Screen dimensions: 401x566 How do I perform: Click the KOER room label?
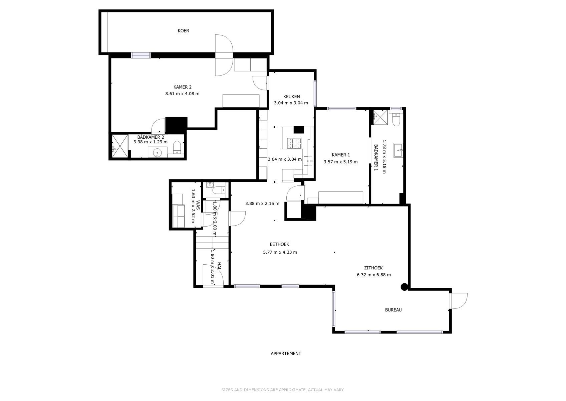point(183,31)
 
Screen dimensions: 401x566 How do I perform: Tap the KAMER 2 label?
point(182,87)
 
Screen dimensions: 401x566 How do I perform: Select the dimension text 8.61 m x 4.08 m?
point(182,94)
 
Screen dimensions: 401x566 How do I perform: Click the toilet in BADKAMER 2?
point(177,147)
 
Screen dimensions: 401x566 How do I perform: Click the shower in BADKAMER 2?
point(119,146)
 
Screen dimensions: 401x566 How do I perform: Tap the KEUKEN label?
point(291,96)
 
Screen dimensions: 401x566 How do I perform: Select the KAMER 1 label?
point(341,155)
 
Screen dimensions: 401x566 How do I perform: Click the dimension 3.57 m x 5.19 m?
point(340,162)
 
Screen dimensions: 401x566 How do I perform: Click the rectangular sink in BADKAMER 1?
point(398,150)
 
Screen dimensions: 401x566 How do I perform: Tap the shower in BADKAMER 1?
point(380,117)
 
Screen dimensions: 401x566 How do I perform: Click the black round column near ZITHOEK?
point(404,287)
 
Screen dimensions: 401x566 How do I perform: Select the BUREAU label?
point(393,310)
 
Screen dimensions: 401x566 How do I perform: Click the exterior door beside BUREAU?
point(458,300)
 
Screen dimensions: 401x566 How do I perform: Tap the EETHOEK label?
point(279,245)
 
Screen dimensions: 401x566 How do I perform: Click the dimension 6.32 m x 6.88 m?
point(374,275)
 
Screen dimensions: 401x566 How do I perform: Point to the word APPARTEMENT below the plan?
point(286,354)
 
